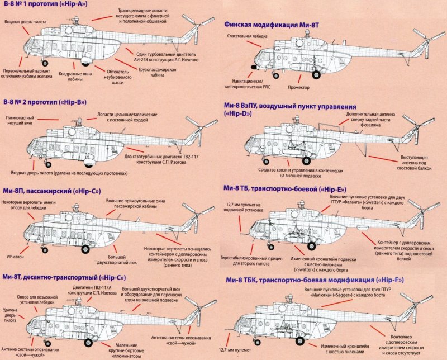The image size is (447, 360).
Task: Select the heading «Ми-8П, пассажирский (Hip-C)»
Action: pos(51,191)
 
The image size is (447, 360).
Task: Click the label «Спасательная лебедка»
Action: pos(246,35)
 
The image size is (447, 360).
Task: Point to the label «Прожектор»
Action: pos(299,88)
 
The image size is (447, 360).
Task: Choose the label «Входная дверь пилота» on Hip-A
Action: pos(25,22)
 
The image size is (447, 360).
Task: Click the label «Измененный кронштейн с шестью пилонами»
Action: pos(346,350)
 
